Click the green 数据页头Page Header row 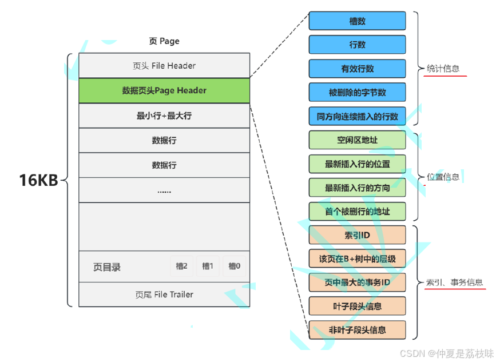[x=164, y=90]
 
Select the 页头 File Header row [x=164, y=66]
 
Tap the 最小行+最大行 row [x=164, y=116]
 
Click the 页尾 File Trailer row [x=164, y=295]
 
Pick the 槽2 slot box [x=182, y=266]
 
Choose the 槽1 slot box [x=208, y=266]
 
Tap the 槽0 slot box [x=234, y=266]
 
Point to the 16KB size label [x=38, y=180]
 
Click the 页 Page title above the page [x=164, y=41]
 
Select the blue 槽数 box [x=357, y=21]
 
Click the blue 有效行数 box [x=357, y=69]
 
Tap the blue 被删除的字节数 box [x=357, y=92]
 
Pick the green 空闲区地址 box [x=357, y=140]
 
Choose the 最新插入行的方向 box [x=357, y=188]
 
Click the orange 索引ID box [x=357, y=235]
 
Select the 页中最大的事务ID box [x=357, y=283]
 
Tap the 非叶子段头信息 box [x=357, y=330]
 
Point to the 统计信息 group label [x=443, y=69]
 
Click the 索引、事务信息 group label [x=455, y=283]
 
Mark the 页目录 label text [x=107, y=267]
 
